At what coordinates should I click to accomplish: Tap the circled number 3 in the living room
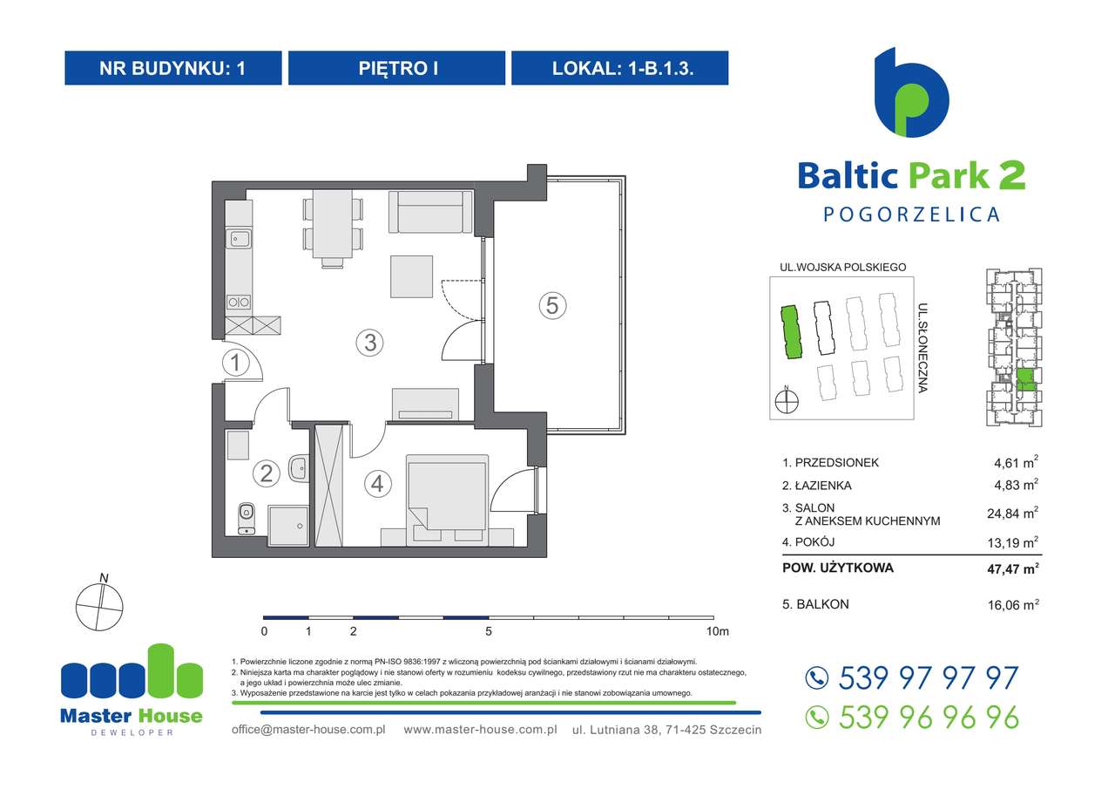[370, 343]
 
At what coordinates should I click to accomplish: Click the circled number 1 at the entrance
[235, 363]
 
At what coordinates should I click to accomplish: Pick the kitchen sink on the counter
[239, 236]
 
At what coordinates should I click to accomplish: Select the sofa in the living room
[429, 213]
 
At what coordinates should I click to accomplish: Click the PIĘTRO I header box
[396, 68]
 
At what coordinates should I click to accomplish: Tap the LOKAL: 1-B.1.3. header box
[619, 68]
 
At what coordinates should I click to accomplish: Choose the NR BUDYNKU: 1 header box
[173, 68]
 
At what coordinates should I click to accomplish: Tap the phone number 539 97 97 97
[927, 677]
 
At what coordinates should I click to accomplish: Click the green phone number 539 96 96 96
[927, 717]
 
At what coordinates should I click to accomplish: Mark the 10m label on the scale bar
[718, 630]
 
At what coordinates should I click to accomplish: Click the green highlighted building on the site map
[790, 332]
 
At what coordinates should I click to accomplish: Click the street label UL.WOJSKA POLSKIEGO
[843, 268]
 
